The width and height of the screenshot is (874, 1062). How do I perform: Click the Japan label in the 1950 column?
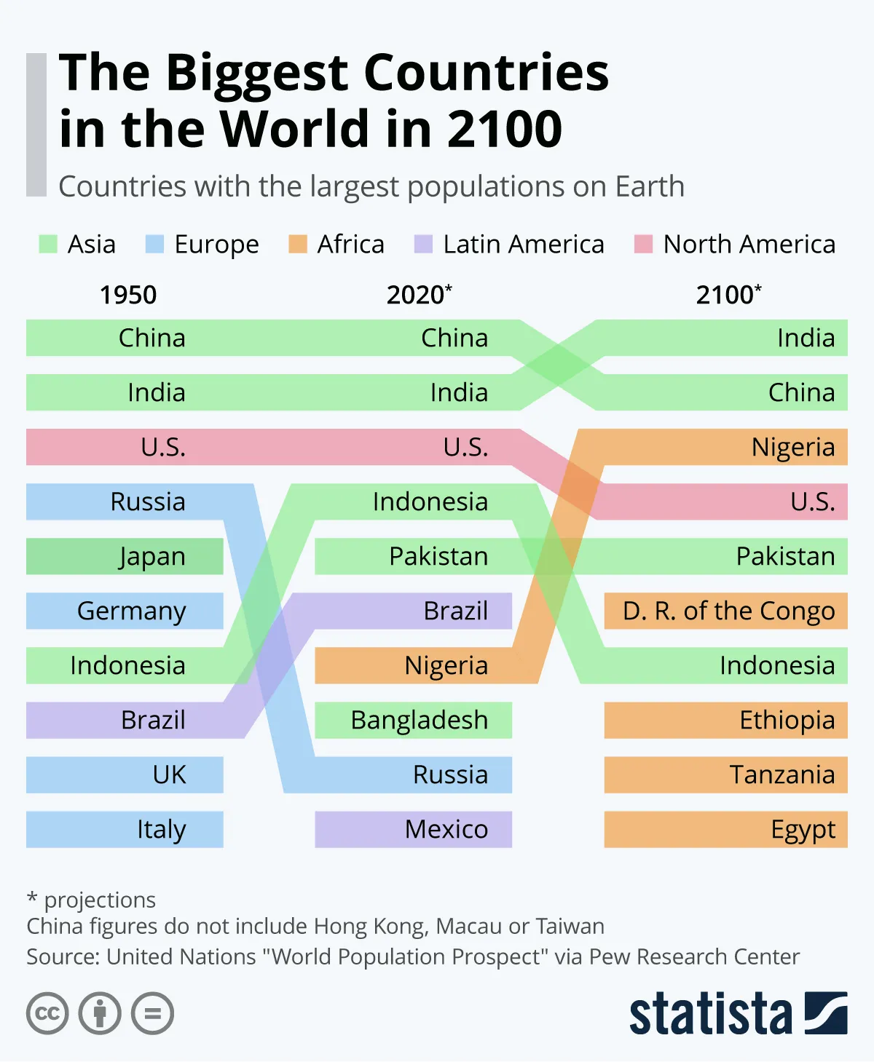point(152,557)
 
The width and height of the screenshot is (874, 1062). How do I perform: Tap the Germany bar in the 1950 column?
point(132,611)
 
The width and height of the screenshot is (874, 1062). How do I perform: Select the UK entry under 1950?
point(169,775)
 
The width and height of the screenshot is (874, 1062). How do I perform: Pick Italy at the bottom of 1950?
point(161,830)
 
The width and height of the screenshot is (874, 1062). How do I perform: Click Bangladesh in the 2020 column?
point(419,721)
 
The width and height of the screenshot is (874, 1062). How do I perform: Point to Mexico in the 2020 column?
point(446,830)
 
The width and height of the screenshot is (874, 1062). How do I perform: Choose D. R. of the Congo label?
point(728,611)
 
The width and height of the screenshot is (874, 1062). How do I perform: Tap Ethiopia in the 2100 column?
point(787,721)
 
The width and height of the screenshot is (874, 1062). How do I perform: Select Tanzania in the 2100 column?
point(782,775)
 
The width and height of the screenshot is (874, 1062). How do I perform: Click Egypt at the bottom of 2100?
point(803,830)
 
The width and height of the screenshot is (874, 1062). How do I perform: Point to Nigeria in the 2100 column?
point(792,448)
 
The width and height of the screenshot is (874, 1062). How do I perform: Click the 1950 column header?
point(128,296)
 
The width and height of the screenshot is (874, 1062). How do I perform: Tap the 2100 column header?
point(728,295)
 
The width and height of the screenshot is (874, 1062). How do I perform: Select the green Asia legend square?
point(48,245)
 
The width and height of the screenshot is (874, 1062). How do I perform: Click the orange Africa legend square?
point(298,245)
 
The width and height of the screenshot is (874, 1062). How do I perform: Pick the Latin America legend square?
point(423,245)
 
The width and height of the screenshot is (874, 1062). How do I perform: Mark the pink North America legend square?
point(644,245)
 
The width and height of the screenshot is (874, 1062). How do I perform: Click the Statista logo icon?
point(826,1013)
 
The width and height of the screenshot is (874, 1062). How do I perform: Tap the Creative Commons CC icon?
point(47,1013)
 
